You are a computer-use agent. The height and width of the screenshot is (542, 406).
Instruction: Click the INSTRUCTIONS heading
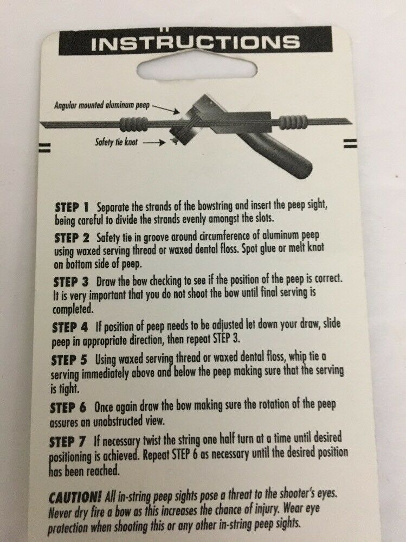[195, 42]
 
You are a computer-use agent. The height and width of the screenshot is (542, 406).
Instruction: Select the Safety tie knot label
[117, 142]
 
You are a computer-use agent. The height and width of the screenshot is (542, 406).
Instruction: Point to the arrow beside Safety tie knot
[154, 142]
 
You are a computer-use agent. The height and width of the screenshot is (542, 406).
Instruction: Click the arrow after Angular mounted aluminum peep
[166, 109]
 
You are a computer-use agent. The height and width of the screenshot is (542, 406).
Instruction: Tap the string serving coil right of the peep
[292, 122]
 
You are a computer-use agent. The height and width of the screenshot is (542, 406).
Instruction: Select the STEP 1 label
[72, 207]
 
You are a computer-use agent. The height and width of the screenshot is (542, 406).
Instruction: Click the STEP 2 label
[72, 238]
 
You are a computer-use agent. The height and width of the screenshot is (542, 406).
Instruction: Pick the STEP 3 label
[71, 282]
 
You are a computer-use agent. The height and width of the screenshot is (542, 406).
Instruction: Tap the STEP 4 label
[70, 327]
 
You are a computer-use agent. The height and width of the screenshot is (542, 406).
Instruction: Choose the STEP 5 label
[69, 360]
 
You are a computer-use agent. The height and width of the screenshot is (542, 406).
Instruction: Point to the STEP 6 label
[68, 408]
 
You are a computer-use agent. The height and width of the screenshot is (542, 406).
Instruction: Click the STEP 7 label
[67, 442]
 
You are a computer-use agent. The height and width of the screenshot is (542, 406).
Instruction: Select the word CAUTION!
[75, 498]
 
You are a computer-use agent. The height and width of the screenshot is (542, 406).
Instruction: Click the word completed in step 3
[73, 309]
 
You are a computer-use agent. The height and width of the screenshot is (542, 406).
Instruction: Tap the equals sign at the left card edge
[44, 148]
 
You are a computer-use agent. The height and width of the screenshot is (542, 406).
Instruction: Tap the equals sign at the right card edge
[350, 143]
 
